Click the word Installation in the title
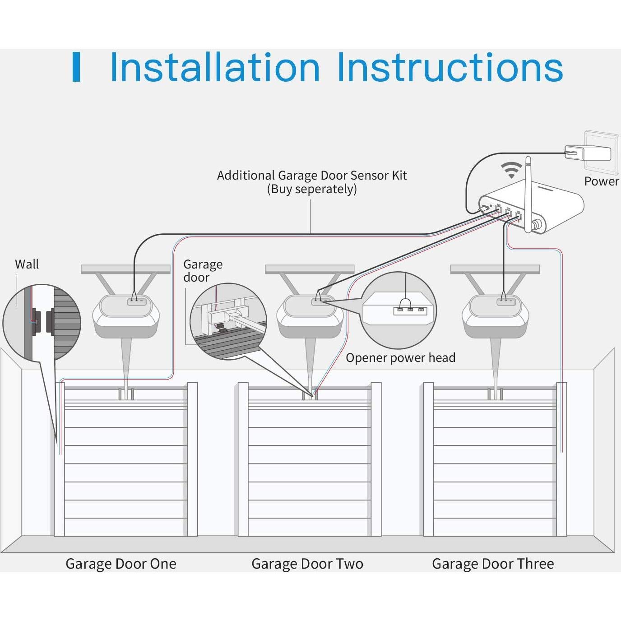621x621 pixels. [215, 68]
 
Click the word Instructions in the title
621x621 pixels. [450, 68]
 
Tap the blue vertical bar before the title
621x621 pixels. [76, 67]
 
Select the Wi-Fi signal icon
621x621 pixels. [511, 170]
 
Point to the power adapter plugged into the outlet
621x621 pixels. [588, 153]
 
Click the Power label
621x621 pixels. [601, 181]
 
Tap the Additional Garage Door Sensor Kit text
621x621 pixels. [312, 175]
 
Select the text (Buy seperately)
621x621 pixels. [312, 189]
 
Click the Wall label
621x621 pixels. [27, 264]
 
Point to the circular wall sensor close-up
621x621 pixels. [42, 322]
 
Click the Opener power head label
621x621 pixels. [400, 358]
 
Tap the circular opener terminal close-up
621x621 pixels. [399, 310]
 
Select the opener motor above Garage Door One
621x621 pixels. [126, 316]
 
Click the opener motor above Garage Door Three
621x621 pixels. [495, 316]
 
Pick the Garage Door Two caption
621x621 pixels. [307, 564]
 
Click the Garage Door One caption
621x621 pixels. [120, 564]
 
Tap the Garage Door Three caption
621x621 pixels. [493, 564]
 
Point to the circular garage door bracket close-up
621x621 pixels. [228, 321]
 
